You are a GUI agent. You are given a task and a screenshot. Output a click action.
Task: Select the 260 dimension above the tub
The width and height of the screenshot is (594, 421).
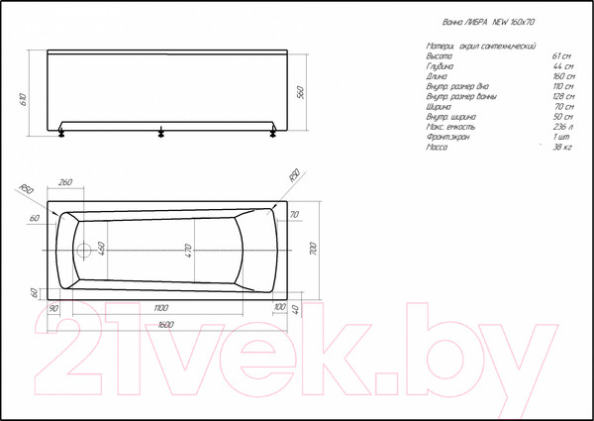click(67, 182)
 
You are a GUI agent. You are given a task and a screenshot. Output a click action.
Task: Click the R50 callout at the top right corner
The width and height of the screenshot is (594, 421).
click(292, 176)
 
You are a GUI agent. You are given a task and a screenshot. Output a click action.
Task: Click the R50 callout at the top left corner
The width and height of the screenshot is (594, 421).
click(27, 189)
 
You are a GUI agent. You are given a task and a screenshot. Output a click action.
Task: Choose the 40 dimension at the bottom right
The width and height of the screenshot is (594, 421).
click(297, 309)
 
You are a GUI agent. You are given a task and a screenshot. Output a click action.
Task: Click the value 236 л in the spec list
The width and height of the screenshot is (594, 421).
click(560, 126)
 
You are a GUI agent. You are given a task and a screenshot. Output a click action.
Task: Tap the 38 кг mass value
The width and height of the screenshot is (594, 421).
click(561, 147)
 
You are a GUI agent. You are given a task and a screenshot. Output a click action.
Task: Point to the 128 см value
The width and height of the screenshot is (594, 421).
click(559, 96)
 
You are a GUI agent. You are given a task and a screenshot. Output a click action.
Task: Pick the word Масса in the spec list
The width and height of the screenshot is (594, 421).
click(437, 147)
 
